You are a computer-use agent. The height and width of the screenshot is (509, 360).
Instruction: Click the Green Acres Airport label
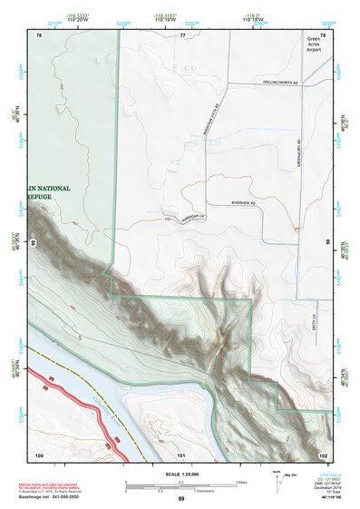click(x=314, y=44)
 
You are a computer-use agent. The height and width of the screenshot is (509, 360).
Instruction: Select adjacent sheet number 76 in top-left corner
click(x=39, y=34)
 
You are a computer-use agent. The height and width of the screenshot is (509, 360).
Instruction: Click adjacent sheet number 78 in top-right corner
click(x=322, y=34)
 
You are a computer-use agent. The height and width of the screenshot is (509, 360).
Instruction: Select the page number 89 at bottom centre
click(x=181, y=499)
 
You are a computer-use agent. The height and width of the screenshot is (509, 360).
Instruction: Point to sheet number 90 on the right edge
click(x=327, y=242)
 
